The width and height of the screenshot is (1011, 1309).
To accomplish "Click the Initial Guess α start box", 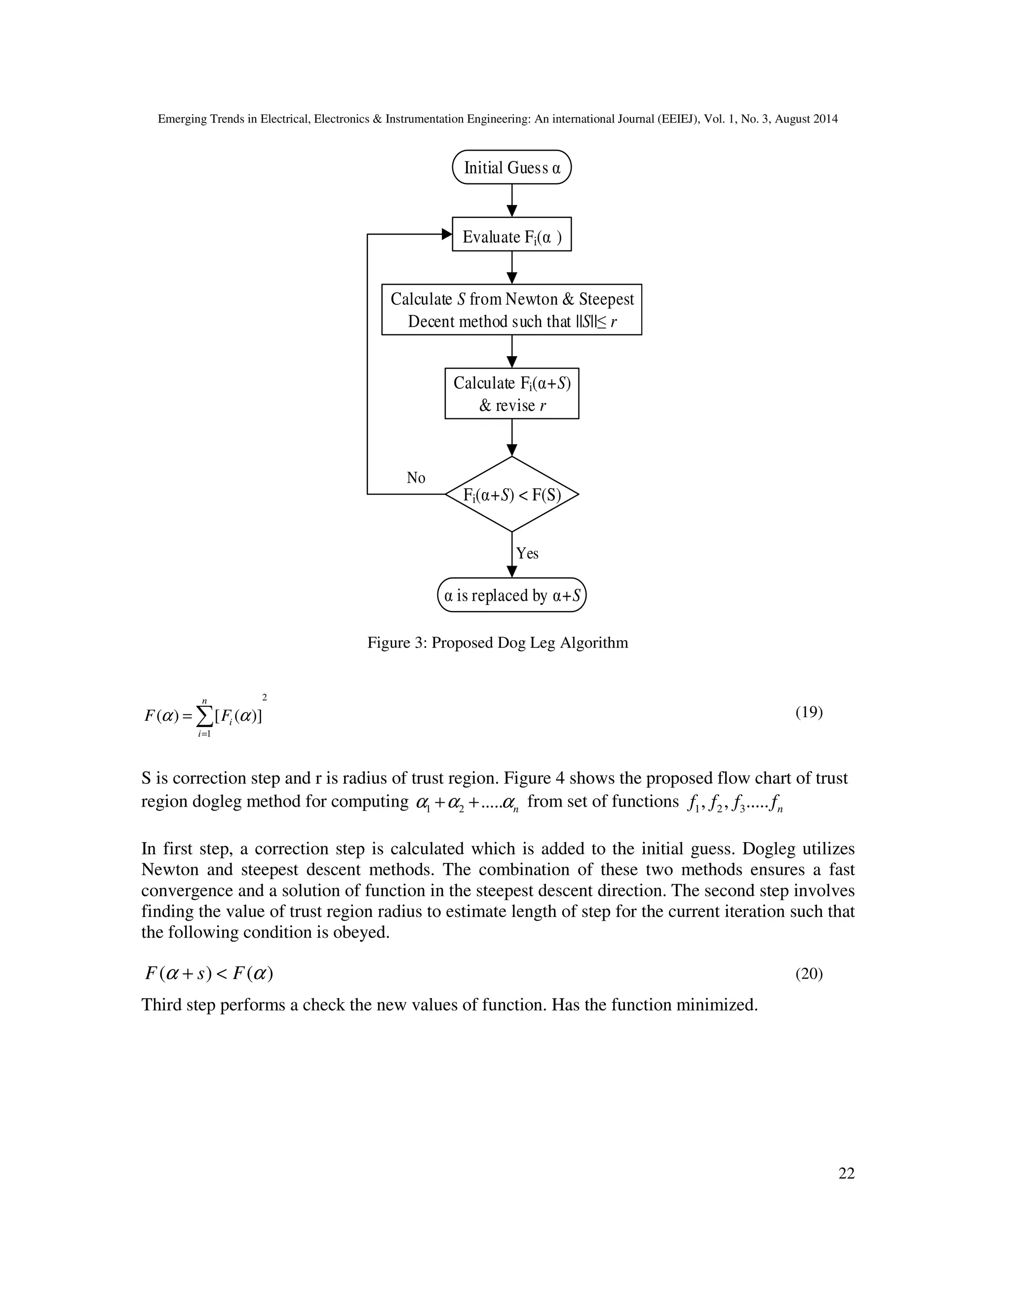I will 511,167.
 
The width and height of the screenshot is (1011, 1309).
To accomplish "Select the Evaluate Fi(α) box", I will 511,234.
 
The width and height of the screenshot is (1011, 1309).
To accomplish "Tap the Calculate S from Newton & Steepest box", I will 511,309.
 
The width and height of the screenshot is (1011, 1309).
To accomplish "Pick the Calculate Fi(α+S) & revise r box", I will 511,393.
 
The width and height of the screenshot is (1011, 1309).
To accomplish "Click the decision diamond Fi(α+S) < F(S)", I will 511,494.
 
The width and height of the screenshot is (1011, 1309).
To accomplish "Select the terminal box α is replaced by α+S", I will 511,595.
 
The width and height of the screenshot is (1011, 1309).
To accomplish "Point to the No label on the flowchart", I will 416,478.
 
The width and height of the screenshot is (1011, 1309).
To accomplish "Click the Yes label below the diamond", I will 527,553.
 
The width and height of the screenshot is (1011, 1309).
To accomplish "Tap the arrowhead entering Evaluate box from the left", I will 447,234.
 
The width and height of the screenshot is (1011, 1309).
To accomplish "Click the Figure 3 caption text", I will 498,643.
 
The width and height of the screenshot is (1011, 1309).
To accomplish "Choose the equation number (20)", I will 809,974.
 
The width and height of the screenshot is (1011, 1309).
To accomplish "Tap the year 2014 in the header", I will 825,119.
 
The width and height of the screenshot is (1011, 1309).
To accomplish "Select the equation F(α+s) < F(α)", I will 208,974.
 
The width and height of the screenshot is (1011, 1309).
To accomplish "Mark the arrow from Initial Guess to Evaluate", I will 511,200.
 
